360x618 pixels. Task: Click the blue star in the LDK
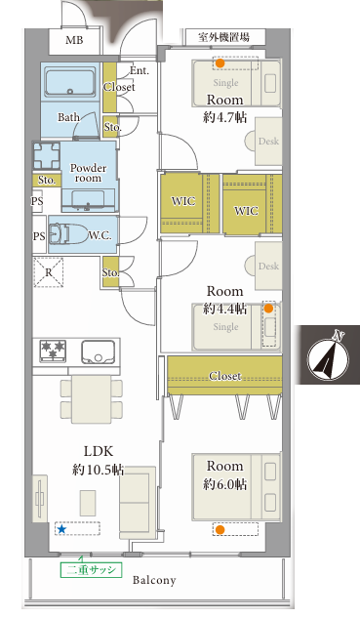point(61,529)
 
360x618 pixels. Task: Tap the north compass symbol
point(328,355)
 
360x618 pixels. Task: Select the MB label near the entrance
point(74,40)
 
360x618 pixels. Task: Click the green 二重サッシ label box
point(91,570)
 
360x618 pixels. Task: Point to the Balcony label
point(154,580)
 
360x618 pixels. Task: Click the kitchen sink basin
point(99,351)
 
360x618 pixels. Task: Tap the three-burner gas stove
point(53,350)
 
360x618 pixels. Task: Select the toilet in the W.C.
point(69,235)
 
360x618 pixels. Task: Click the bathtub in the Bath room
point(70,82)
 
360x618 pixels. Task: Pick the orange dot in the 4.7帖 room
point(220,63)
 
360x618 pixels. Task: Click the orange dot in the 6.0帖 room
point(220,530)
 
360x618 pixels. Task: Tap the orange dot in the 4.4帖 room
point(268,309)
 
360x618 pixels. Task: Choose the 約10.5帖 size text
point(99,470)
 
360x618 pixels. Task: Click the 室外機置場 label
point(223,38)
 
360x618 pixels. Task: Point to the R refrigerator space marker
point(49,272)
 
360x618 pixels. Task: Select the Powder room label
point(88,173)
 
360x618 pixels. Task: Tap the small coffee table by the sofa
point(88,503)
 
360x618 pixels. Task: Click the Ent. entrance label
point(140,71)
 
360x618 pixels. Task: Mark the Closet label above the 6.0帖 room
point(225,376)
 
